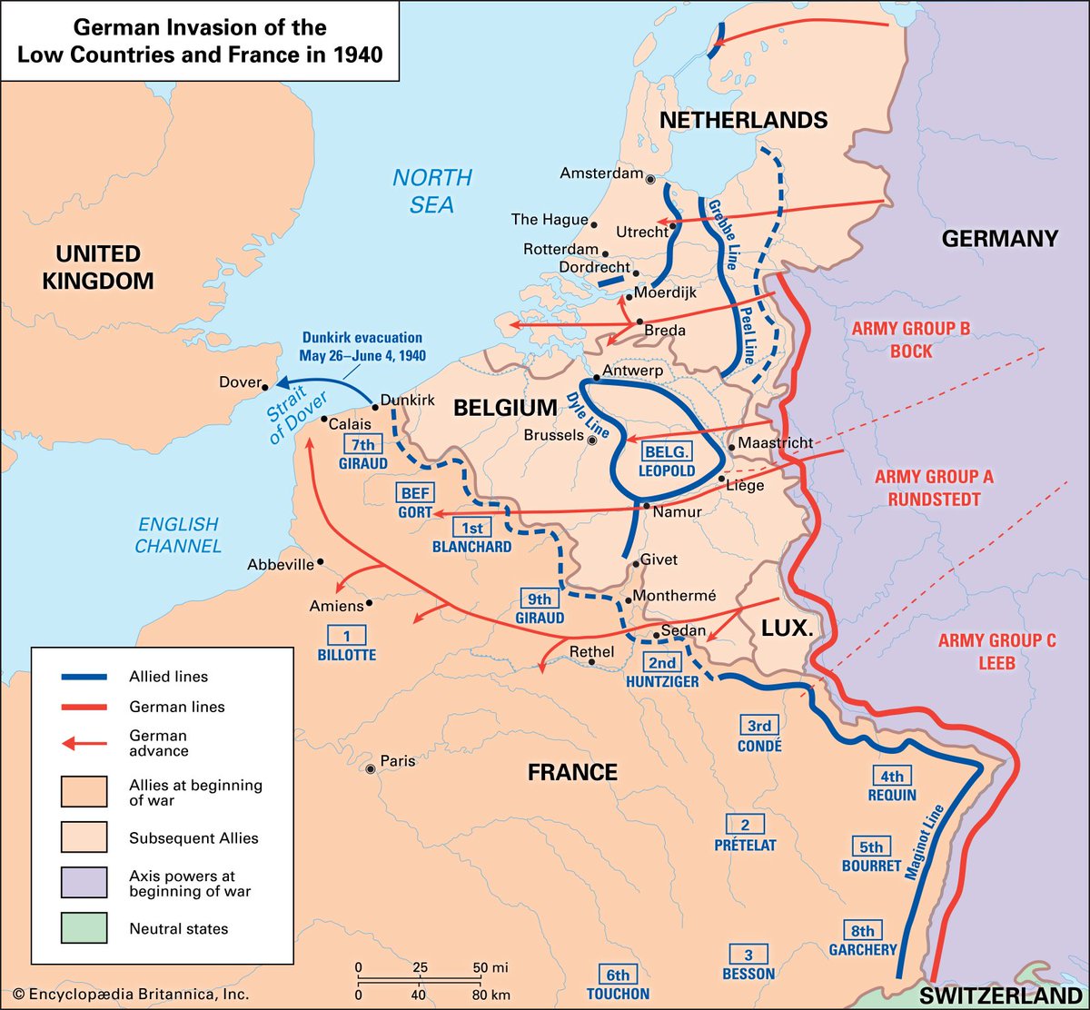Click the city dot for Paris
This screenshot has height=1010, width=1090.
pyautogui.click(x=370, y=769)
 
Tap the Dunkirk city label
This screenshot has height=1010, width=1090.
pyautogui.click(x=409, y=400)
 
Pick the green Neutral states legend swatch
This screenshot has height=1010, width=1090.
pyautogui.click(x=84, y=928)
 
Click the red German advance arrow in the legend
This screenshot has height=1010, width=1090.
pyautogui.click(x=84, y=743)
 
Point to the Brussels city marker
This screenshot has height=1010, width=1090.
pyautogui.click(x=592, y=440)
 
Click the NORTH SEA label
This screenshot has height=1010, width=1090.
pyautogui.click(x=432, y=191)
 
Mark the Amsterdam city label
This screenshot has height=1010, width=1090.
pyautogui.click(x=600, y=173)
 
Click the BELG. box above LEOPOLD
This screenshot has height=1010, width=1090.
pyautogui.click(x=668, y=452)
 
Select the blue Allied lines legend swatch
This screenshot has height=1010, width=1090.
pyautogui.click(x=84, y=677)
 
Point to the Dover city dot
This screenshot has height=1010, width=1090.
pyautogui.click(x=267, y=382)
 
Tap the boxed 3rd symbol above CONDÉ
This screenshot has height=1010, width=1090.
pyautogui.click(x=759, y=726)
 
